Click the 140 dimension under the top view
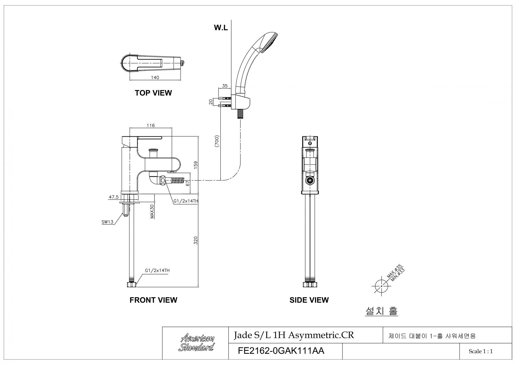[x=155, y=77]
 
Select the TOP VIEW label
[x=153, y=93]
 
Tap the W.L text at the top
[x=221, y=27]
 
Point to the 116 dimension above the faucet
[x=151, y=125]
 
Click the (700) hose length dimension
[x=217, y=141]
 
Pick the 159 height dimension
[x=196, y=165]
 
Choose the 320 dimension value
[x=196, y=240]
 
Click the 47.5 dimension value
[x=113, y=197]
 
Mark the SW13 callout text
[x=107, y=222]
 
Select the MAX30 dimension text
[x=152, y=211]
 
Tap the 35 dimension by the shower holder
[x=225, y=86]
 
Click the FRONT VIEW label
[x=153, y=300]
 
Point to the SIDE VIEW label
[x=309, y=300]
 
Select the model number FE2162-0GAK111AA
[x=281, y=351]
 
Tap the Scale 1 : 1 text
[x=481, y=351]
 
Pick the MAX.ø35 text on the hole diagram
[x=394, y=271]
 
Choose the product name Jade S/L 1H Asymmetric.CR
[x=294, y=335]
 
